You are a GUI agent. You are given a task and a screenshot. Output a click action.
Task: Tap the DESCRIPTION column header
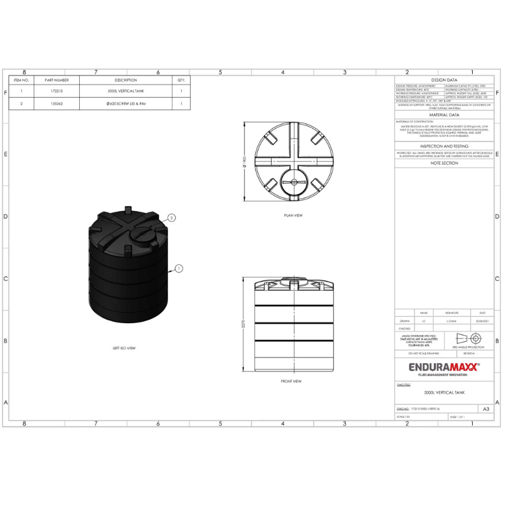click(x=125, y=80)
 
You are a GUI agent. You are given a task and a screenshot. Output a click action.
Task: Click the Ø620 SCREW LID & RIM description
click(x=125, y=103)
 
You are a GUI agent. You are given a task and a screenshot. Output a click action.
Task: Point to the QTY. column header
click(x=181, y=80)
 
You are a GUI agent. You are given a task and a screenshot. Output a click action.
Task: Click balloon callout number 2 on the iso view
click(x=171, y=217)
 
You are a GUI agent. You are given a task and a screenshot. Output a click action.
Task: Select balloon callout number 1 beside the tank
click(x=179, y=269)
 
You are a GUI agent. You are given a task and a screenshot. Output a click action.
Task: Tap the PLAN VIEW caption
click(x=293, y=215)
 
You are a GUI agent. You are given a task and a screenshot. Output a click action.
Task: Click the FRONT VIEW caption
click(x=291, y=382)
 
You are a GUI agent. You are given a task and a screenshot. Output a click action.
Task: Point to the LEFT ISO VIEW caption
click(x=124, y=348)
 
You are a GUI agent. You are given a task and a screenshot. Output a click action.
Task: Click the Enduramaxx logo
click(x=443, y=367)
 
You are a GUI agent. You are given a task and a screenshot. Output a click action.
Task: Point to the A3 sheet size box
click(x=485, y=409)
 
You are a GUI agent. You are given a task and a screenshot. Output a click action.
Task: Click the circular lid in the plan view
click(x=293, y=182)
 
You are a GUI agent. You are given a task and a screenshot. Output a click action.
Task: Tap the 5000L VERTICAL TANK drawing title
click(x=444, y=393)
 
